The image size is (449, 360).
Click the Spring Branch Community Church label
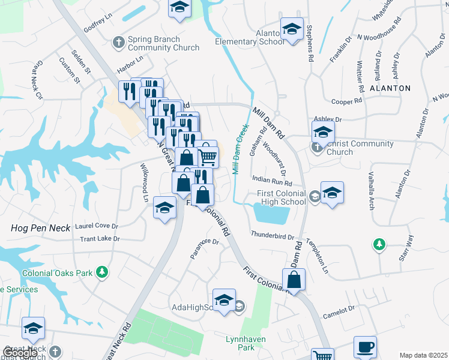(x=155, y=44)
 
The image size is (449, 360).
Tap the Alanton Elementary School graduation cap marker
(x=292, y=29)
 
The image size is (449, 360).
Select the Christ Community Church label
(x=360, y=148)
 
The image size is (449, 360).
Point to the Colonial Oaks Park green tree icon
(x=103, y=272)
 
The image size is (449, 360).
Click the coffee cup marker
(x=365, y=347)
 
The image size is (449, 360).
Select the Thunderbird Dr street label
(x=273, y=236)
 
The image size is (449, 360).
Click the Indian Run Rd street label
(x=272, y=180)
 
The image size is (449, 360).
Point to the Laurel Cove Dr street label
(x=97, y=226)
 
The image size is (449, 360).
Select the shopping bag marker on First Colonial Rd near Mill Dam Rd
(x=294, y=280)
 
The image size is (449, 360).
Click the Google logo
(x=20, y=353)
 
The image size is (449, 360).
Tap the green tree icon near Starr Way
(x=379, y=244)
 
